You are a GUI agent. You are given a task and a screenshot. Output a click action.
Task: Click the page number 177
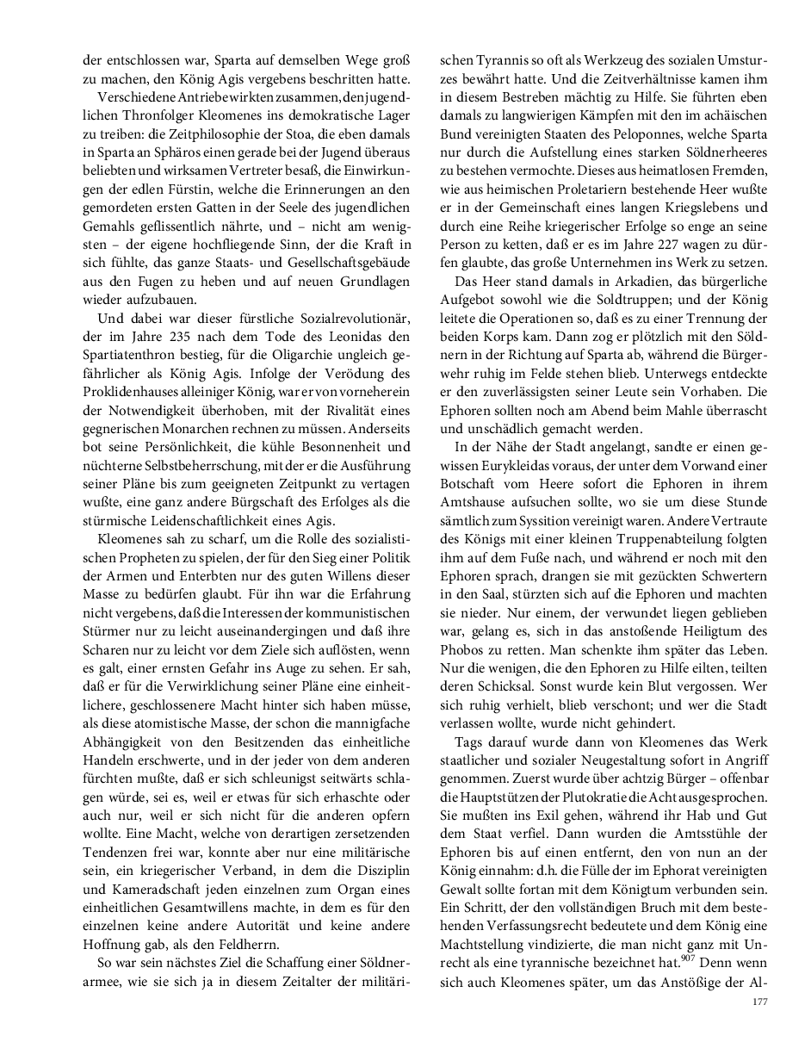pos(759,1002)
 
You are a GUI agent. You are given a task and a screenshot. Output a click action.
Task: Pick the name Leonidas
pos(350,336)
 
